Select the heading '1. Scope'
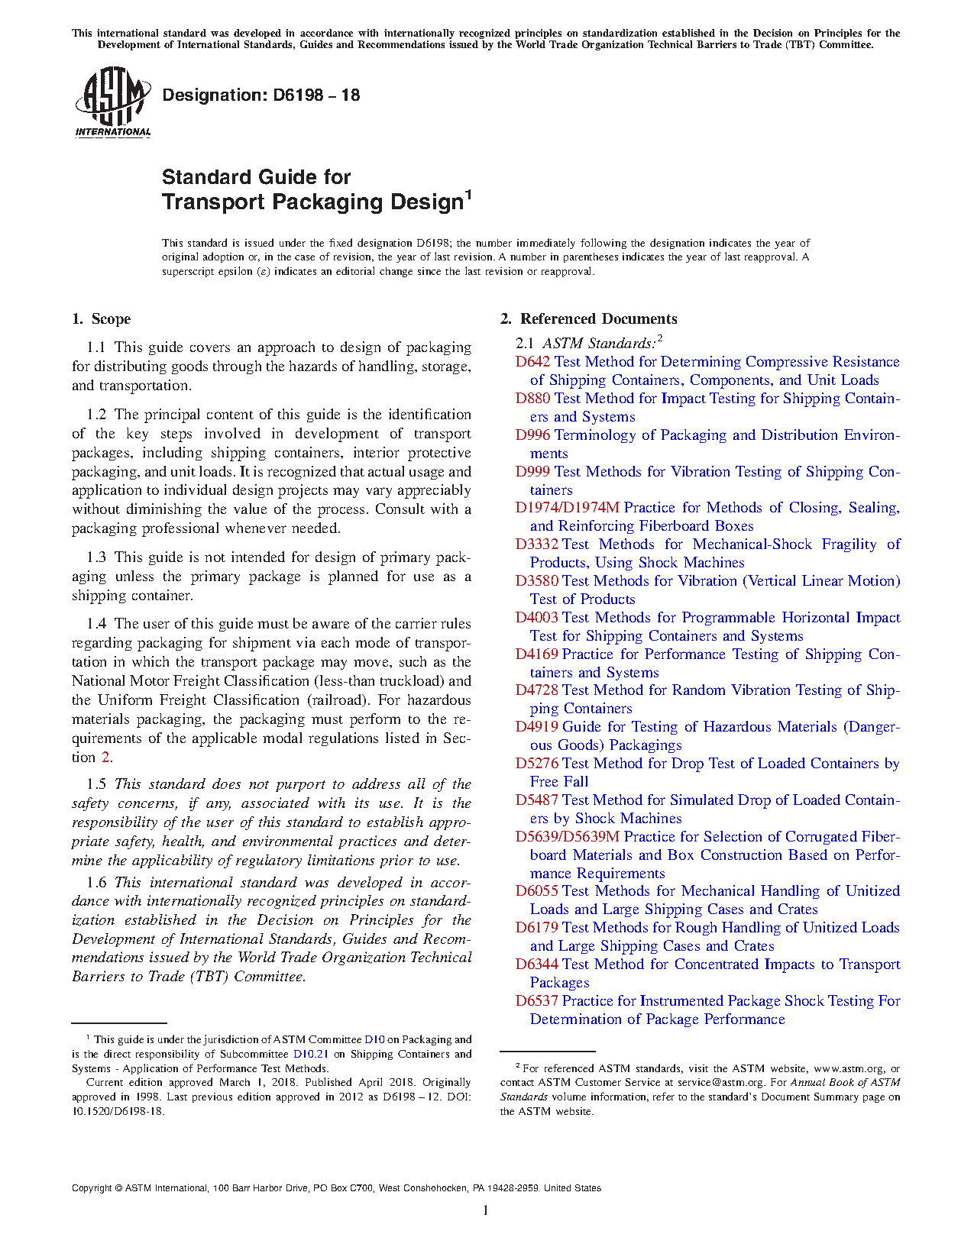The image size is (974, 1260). pos(101,319)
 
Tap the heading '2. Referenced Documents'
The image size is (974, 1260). pos(589,319)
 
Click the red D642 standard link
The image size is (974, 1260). pos(532,362)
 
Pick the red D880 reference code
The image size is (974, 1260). pos(532,399)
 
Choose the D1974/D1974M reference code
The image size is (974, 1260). pos(567,508)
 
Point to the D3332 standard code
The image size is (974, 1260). pos(536,544)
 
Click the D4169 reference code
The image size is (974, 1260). pos(536,654)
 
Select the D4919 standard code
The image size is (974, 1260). pos(536,727)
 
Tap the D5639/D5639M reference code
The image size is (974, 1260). pos(567,837)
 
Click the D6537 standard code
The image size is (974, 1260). pos(536,1001)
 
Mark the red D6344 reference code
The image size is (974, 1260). pos(536,964)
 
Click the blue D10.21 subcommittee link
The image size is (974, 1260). pos(311,1055)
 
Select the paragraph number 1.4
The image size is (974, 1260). pos(96,624)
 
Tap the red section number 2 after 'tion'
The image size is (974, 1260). pos(105,758)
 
